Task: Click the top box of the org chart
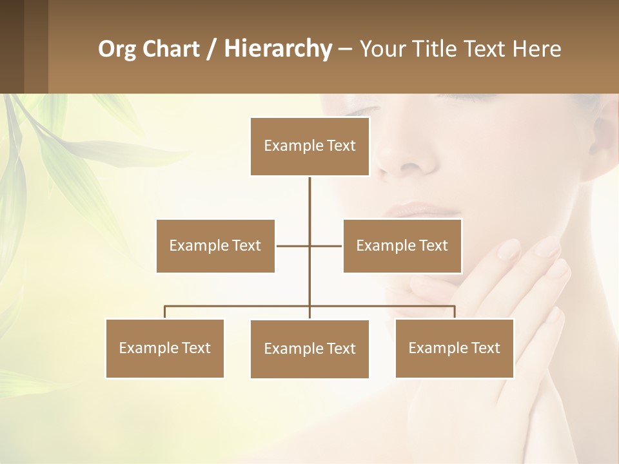309,146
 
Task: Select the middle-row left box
215,246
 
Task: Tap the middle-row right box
402,246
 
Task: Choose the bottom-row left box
165,348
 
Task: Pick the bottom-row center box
309,349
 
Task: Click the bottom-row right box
455,348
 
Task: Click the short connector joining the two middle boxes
293,246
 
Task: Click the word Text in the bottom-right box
485,348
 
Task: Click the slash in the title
210,49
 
